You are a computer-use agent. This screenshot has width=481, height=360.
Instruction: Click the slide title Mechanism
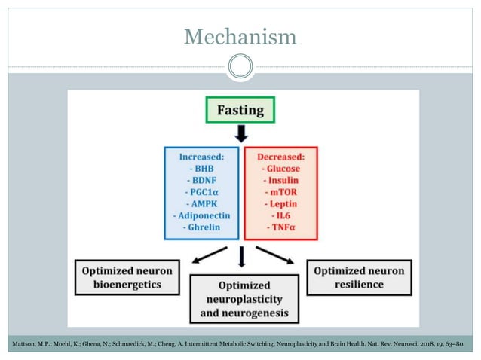pyautogui.click(x=240, y=35)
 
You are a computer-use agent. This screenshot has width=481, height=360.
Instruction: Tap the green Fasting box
pyautogui.click(x=240, y=110)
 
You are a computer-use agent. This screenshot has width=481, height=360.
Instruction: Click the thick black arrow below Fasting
pyautogui.click(x=241, y=134)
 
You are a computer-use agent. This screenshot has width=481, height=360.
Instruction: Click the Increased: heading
pyautogui.click(x=201, y=157)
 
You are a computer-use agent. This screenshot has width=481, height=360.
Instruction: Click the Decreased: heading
pyautogui.click(x=281, y=157)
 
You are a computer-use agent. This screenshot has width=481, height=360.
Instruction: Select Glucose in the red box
pyautogui.click(x=281, y=169)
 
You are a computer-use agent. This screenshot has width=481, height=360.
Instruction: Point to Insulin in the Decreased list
pyautogui.click(x=281, y=181)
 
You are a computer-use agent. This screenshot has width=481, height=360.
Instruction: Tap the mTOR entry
pyautogui.click(x=281, y=192)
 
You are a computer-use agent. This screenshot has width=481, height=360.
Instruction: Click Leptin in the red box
pyautogui.click(x=281, y=203)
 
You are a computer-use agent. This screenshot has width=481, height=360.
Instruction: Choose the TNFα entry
pyautogui.click(x=281, y=227)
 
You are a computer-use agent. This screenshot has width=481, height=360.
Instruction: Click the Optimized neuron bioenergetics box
pyautogui.click(x=127, y=277)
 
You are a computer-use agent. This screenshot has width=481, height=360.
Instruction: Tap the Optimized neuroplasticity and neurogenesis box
pyautogui.click(x=242, y=299)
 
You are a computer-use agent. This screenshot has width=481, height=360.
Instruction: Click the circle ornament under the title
pyautogui.click(x=240, y=68)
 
